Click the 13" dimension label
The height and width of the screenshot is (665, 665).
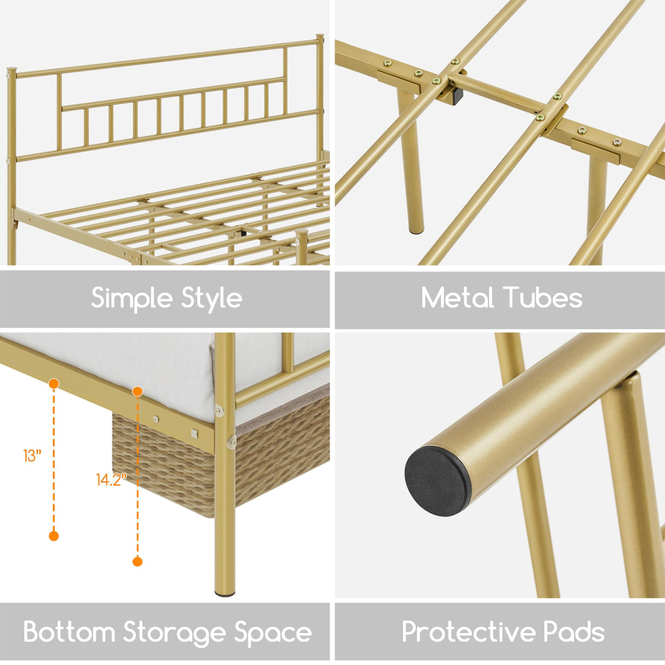click(32, 456)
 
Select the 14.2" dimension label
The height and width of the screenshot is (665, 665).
click(111, 480)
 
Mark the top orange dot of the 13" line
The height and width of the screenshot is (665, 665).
click(54, 383)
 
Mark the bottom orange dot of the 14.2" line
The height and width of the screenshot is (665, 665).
click(137, 561)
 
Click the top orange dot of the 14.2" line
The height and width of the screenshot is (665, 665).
click(137, 391)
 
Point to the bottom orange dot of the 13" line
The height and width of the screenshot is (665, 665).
click(54, 536)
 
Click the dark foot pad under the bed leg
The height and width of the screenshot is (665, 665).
click(225, 594)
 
